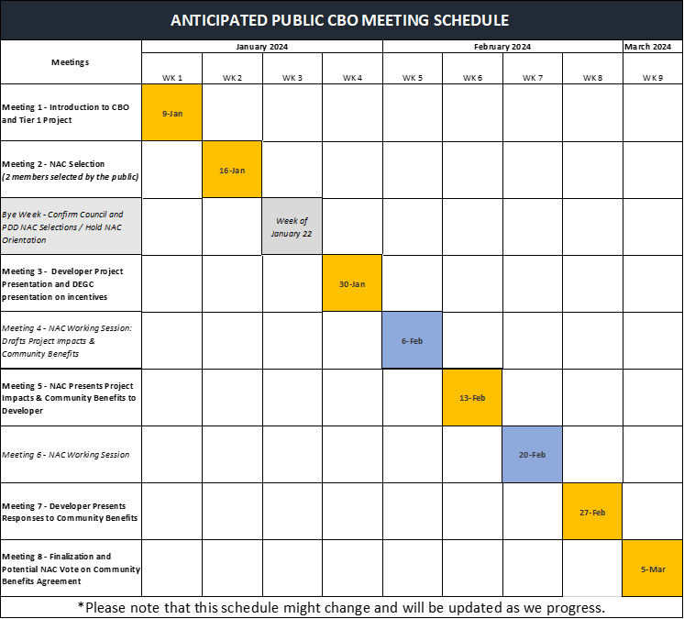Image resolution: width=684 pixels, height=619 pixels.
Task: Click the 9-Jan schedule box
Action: (x=171, y=112)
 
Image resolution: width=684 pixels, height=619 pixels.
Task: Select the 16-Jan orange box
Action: (x=232, y=169)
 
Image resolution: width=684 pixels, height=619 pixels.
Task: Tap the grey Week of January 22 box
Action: (x=292, y=226)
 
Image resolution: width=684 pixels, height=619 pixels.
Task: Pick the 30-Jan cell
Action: (x=352, y=283)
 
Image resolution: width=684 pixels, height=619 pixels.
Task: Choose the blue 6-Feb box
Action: (x=412, y=340)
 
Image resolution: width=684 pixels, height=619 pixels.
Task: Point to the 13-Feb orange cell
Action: (x=472, y=397)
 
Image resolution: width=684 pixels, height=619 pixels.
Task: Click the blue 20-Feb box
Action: (x=532, y=454)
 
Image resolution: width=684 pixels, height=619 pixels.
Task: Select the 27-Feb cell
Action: (x=592, y=511)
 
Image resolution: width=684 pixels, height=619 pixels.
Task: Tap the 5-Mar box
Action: (x=653, y=569)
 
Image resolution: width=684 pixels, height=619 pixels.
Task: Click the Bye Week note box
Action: (x=71, y=226)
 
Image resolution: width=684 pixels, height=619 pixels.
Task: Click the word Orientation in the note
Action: (x=25, y=240)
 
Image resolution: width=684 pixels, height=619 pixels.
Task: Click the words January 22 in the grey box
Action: (x=292, y=233)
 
